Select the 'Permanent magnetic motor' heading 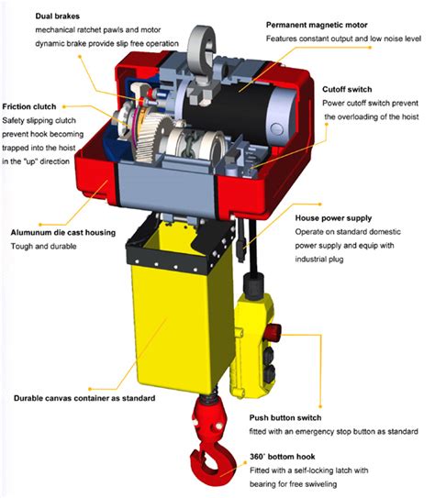[318, 24]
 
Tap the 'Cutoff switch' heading [348, 90]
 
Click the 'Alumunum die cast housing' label [63, 233]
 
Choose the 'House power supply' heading [331, 218]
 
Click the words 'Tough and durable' [41, 247]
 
